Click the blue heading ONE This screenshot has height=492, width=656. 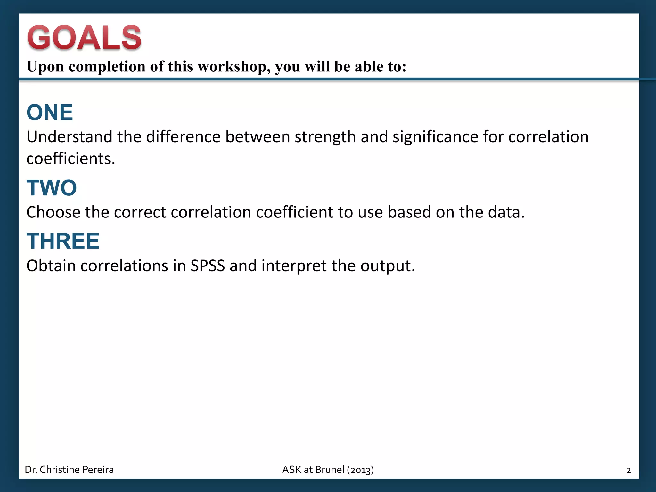(50, 112)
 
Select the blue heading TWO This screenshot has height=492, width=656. (52, 188)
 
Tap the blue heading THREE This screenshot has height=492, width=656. (63, 241)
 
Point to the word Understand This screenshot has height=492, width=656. (69, 137)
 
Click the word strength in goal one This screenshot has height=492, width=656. (325, 137)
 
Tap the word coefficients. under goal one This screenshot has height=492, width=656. (71, 159)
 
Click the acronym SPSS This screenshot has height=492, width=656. (208, 266)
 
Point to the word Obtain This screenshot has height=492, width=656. (51, 266)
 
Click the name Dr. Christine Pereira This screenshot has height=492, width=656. (69, 470)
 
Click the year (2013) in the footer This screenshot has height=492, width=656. (360, 470)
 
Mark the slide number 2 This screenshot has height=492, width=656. (628, 470)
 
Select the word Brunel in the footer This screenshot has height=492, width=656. (330, 470)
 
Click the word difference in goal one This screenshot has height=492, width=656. (183, 137)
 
